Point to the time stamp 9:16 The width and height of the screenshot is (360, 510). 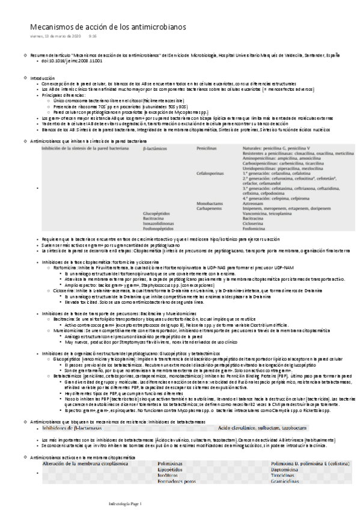(x=93, y=37)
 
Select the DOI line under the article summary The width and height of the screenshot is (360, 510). (x=72, y=61)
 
